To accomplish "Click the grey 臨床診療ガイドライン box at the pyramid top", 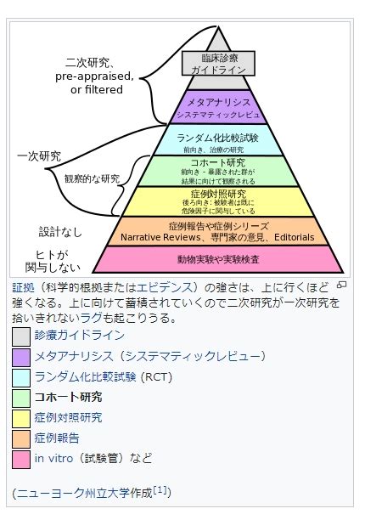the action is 218,63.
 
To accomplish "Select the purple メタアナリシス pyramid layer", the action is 218,107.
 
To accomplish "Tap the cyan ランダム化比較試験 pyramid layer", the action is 218,140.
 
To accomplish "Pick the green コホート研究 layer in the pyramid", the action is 218,171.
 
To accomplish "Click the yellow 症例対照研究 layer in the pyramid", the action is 218,201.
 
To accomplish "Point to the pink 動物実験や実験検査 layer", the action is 218,259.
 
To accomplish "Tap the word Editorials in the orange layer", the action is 294,237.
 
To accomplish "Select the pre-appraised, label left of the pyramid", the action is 95,76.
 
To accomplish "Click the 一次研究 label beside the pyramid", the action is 39,156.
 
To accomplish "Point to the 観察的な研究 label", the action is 92,178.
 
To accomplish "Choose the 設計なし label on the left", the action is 60,232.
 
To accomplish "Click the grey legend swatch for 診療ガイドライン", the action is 21,337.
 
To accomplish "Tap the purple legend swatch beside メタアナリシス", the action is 21,358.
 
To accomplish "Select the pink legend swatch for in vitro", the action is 21,460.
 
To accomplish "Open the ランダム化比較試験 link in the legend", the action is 86,377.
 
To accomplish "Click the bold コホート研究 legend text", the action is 68,398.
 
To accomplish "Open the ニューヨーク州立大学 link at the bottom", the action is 72,493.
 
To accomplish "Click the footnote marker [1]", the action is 160,489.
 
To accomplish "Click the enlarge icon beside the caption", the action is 342,285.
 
